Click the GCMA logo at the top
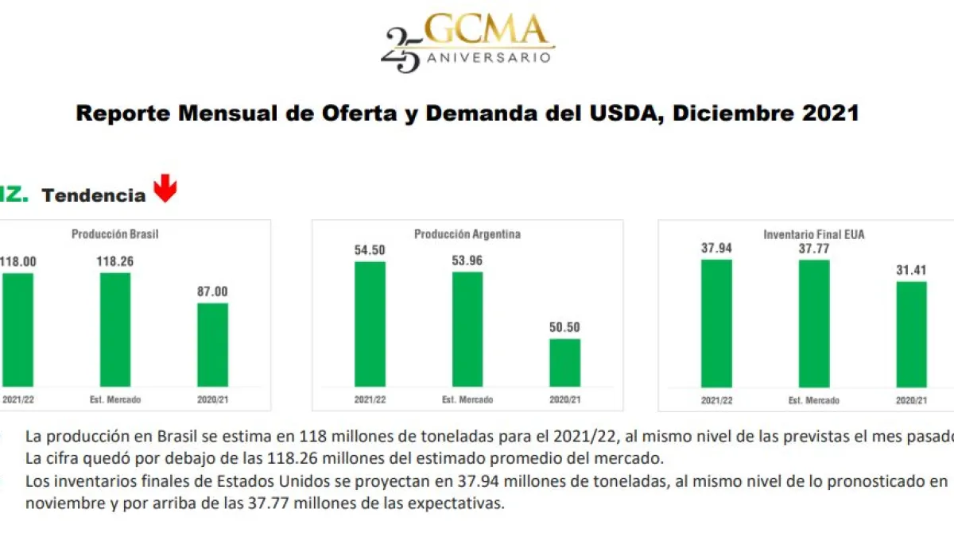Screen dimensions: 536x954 [468, 41]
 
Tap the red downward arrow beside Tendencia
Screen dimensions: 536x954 [165, 190]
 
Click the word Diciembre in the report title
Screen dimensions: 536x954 [731, 114]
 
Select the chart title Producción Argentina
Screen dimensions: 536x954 [467, 234]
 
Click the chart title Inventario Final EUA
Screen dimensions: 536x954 [813, 234]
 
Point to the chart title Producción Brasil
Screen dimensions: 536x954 [121, 234]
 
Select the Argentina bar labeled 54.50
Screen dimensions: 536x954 [370, 324]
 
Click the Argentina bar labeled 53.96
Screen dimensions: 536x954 [467, 329]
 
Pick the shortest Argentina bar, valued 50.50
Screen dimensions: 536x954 [565, 363]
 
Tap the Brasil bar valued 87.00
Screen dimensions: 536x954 [212, 345]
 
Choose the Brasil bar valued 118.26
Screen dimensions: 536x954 [115, 330]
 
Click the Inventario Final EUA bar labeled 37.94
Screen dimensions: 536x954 [716, 323]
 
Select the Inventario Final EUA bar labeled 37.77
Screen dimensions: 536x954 [813, 324]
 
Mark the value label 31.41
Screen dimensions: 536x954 [911, 269]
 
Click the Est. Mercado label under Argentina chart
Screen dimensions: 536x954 [467, 399]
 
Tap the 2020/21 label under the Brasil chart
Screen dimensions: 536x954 [212, 399]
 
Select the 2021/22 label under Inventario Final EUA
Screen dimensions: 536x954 [716, 400]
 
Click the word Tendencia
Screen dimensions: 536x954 [94, 195]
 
